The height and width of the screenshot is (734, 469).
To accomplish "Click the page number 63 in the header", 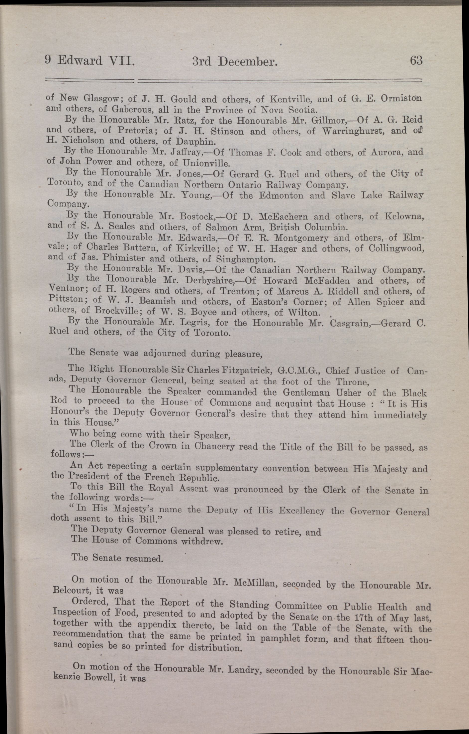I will point(416,60).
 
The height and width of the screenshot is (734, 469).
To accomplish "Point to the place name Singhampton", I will point(245,259).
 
